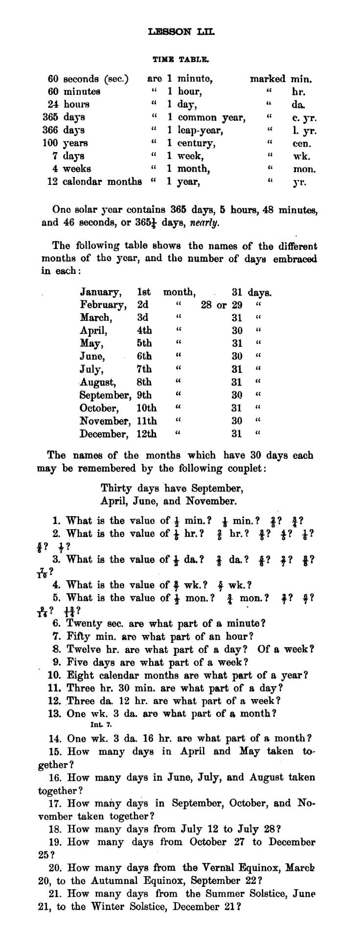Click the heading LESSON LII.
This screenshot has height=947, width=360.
tap(181, 32)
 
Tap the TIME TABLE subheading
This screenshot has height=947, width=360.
tap(181, 60)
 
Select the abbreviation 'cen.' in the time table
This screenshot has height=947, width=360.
tap(302, 144)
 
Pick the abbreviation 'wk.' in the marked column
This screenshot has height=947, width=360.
tap(301, 157)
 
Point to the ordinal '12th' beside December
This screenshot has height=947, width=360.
tap(147, 434)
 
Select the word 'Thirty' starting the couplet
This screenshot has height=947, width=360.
tap(116, 488)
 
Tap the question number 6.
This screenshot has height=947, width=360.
tap(55, 624)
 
